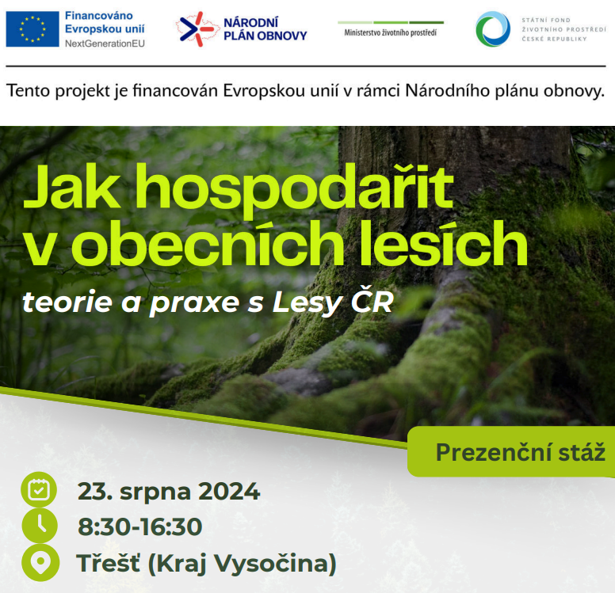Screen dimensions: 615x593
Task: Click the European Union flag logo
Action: coord(32,29)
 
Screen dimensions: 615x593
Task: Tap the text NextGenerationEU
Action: coord(105,44)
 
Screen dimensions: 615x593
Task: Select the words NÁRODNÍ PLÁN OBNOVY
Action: coord(265,29)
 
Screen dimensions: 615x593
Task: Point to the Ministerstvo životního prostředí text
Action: coord(390,32)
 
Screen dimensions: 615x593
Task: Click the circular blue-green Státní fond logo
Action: coord(493,29)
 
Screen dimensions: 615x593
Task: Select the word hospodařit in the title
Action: coord(296,188)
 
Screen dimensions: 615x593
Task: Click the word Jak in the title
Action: coord(72,187)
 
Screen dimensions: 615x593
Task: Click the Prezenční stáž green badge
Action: coord(511,451)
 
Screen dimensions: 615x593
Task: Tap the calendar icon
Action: coord(39,490)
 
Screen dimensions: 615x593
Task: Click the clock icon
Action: coord(40,526)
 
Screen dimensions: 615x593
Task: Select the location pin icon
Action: coord(40,562)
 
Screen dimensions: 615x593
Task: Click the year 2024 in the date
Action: coord(229,491)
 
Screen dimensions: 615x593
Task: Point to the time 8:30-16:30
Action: coord(140,526)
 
